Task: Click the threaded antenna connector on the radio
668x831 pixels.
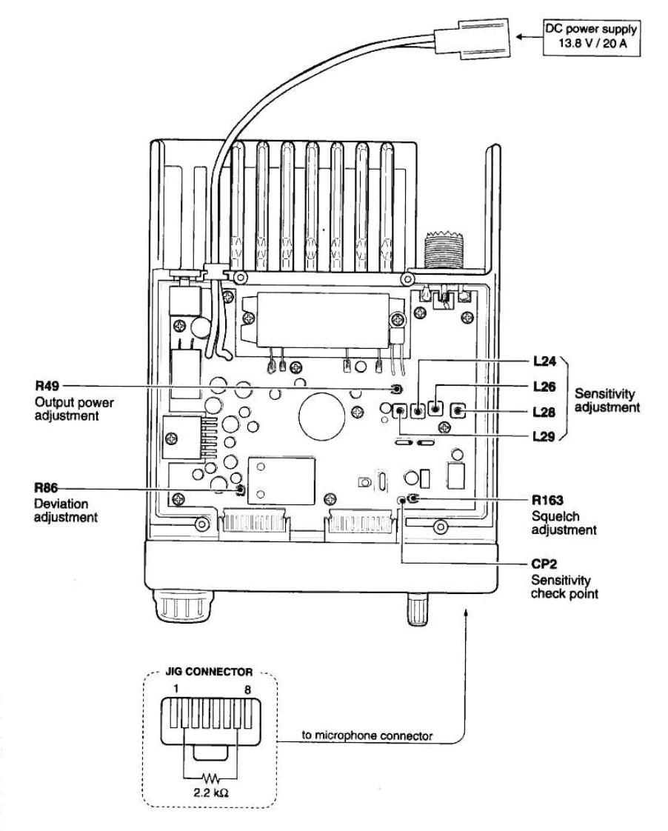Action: pyautogui.click(x=441, y=256)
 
